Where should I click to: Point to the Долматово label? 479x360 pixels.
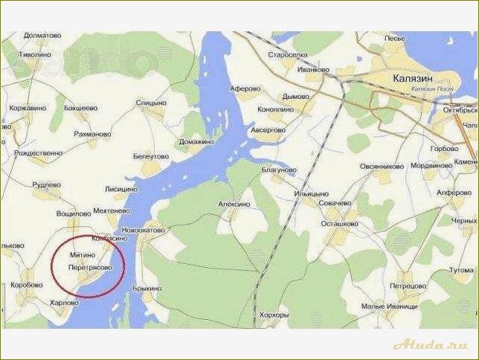(x=42, y=35)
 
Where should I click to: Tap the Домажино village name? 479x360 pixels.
(x=196, y=141)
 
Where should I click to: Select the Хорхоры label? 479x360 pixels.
(x=272, y=315)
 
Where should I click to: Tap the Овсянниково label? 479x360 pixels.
(x=382, y=167)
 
